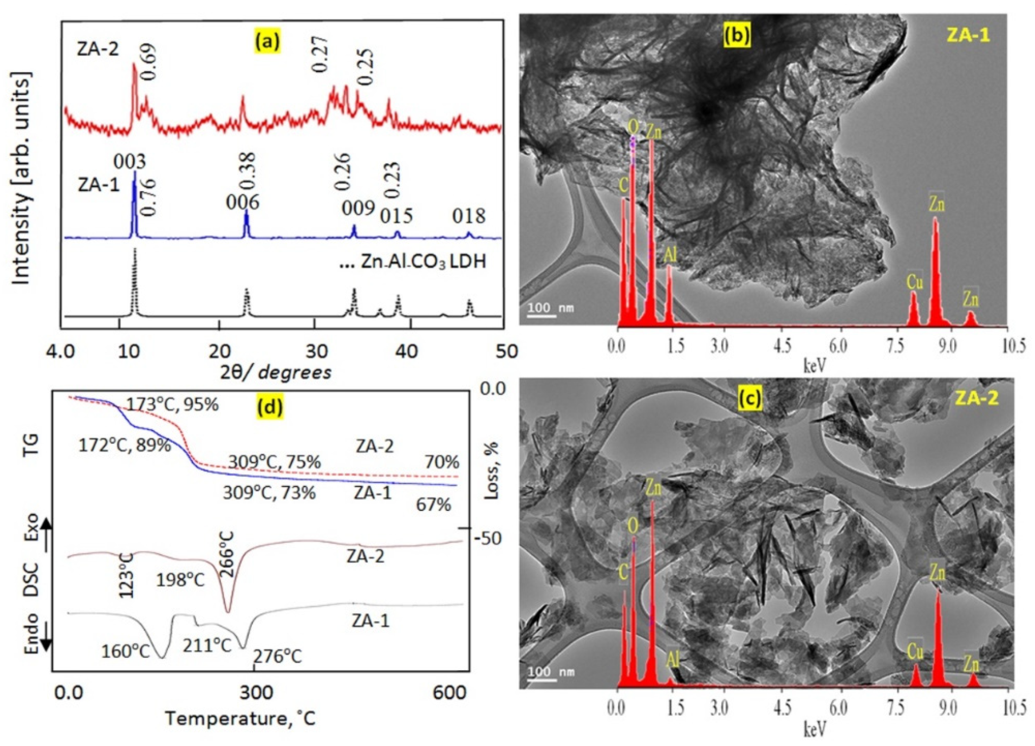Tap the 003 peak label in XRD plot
point(129,161)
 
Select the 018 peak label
point(468,216)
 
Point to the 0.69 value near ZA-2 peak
point(148,62)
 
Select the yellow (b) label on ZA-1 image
point(737,35)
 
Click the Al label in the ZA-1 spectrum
point(670,255)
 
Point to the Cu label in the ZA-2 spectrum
point(915,651)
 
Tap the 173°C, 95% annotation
point(172,405)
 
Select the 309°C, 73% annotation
point(269,493)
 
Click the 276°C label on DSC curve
point(277,657)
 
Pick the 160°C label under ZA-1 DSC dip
point(125,651)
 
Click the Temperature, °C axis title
point(240,719)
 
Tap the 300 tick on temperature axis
point(256,693)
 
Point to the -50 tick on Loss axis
point(487,538)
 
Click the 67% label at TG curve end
point(433,504)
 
